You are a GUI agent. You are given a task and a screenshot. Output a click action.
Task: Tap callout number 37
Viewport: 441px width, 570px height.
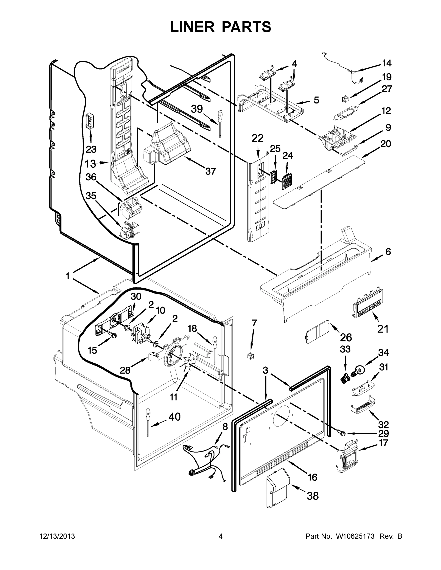pos(210,171)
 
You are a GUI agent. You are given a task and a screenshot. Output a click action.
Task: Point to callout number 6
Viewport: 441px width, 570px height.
pos(388,252)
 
